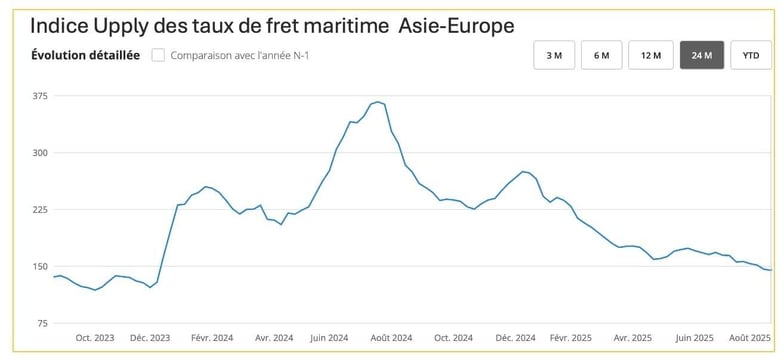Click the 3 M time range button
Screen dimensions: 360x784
point(554,55)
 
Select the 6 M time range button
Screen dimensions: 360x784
point(602,55)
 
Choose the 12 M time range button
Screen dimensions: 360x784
point(651,55)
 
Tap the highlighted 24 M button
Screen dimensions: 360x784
point(701,55)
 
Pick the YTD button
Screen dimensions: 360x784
point(750,55)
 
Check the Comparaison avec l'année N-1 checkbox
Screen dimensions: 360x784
point(158,55)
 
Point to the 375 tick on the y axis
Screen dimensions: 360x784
point(39,96)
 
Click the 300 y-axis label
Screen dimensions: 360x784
point(39,153)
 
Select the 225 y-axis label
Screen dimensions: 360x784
point(39,210)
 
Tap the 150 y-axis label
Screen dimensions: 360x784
point(39,267)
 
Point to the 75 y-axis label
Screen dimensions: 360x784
point(41,323)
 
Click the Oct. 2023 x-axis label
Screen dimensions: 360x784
point(95,338)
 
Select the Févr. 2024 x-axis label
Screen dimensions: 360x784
point(211,338)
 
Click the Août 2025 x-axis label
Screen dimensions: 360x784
point(750,338)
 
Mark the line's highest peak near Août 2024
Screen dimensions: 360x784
point(377,102)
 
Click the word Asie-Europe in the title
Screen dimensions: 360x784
point(457,25)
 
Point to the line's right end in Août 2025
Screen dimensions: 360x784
point(770,270)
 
